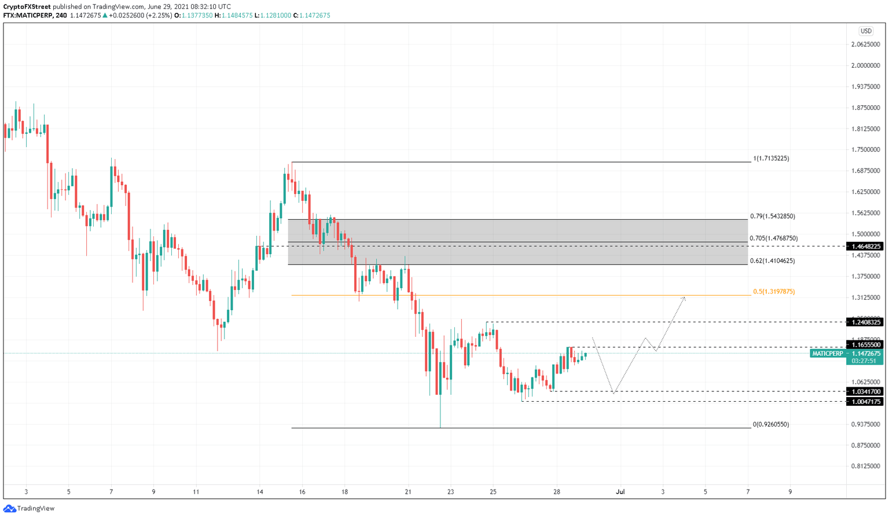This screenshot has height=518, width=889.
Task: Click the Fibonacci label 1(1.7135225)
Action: [x=771, y=159]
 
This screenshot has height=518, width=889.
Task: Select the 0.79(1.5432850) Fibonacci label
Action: [x=772, y=216]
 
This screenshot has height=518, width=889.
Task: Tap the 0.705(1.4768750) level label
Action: [x=773, y=238]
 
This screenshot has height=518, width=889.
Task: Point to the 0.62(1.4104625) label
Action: [x=772, y=261]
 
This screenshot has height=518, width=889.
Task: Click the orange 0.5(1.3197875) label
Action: [x=773, y=292]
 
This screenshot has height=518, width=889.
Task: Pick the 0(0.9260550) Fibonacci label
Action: [x=770, y=424]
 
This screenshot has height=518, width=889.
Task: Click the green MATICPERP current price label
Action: [x=846, y=354]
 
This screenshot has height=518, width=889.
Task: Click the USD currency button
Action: [x=866, y=31]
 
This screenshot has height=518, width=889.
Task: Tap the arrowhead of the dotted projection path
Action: [x=684, y=298]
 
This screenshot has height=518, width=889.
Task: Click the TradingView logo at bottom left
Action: [x=30, y=509]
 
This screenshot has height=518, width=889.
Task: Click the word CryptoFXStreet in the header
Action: [x=23, y=7]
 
